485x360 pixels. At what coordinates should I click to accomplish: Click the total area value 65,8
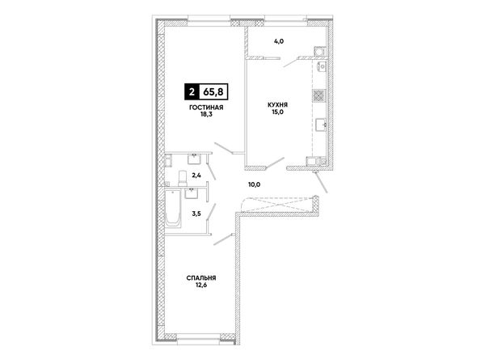coord(213,92)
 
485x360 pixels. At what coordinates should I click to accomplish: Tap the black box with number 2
coord(192,92)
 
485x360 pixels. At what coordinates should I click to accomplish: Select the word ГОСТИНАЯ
coord(206,108)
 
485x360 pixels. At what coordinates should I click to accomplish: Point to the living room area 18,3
coord(206,114)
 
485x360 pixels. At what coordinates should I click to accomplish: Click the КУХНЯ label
coord(277,105)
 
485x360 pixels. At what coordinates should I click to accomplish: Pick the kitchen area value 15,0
coord(278,112)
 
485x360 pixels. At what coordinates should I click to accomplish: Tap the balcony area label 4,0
coord(279,41)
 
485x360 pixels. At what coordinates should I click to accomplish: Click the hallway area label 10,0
coord(255,184)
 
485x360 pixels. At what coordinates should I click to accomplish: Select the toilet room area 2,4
coord(196,176)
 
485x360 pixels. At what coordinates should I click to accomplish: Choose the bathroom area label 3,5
coord(196,214)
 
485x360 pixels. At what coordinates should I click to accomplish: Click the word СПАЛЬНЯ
coord(201,278)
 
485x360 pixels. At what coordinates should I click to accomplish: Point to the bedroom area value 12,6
coord(201,285)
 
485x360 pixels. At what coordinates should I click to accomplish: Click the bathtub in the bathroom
coord(173,209)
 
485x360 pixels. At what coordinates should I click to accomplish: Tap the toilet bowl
coord(183,178)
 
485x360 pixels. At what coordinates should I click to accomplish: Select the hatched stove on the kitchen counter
coord(318,95)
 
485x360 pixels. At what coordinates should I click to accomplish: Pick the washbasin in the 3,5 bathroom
coord(192,193)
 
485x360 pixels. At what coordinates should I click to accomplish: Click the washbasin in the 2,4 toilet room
coord(194,159)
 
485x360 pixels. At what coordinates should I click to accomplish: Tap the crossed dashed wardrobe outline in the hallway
coord(277,205)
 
